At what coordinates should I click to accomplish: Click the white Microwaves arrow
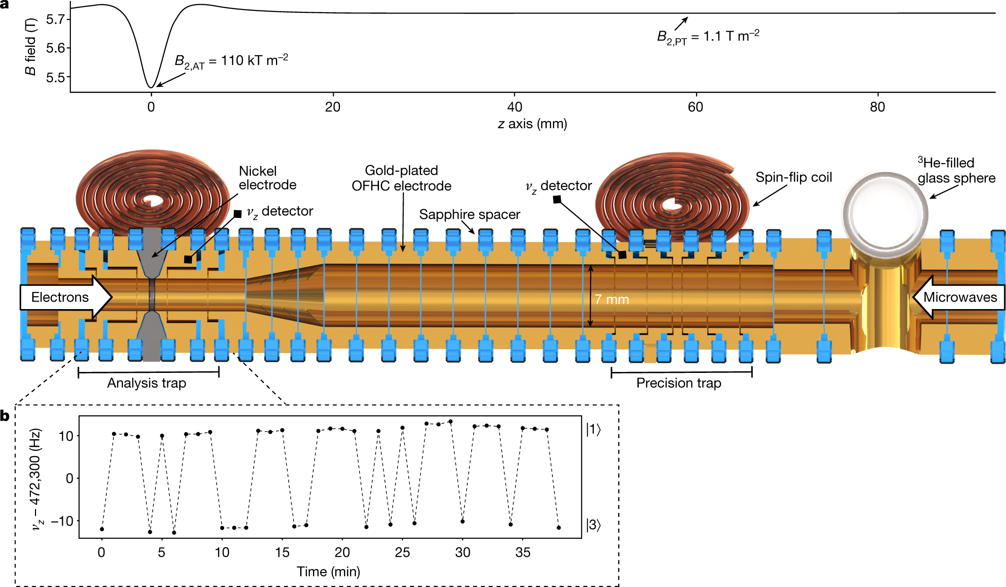[959, 297]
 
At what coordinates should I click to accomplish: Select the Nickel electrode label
[267, 178]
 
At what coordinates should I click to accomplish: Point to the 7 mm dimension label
[611, 300]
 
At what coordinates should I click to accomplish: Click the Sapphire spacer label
[469, 215]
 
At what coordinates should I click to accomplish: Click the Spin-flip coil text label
[793, 177]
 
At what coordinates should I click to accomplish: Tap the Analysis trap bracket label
[146, 383]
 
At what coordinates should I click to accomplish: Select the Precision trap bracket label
[679, 383]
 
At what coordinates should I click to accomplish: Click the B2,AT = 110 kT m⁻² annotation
[231, 61]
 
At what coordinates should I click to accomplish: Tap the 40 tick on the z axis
[515, 107]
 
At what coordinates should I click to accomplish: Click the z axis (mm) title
[532, 124]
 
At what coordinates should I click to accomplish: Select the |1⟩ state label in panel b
[593, 430]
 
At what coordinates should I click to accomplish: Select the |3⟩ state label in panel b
[593, 525]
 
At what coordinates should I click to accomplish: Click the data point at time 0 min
[102, 529]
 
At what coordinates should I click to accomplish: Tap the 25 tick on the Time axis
[402, 552]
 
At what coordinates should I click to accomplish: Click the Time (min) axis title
[328, 572]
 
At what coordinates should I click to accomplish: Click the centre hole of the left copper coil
[152, 201]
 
